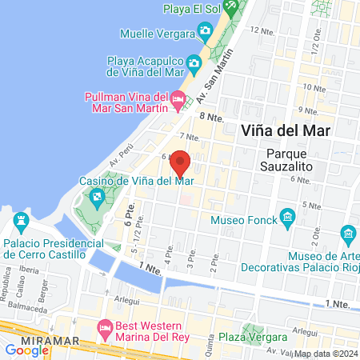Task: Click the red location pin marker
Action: (181, 162)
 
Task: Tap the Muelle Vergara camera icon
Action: (206, 33)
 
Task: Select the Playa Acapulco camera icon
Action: (194, 62)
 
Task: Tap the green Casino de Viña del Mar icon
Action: (97, 196)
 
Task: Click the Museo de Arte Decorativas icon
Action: (348, 234)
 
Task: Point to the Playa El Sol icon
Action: (230, 7)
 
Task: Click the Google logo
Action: (27, 350)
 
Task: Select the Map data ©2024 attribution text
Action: (325, 354)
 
